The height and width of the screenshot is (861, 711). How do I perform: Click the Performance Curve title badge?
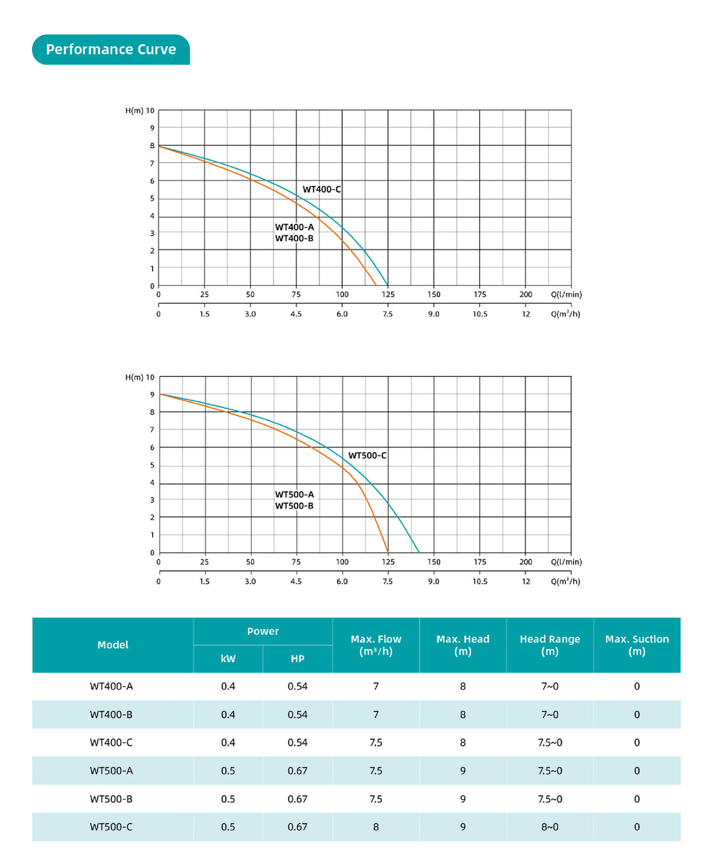tap(111, 50)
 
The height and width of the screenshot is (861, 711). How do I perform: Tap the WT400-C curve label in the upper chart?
tap(322, 189)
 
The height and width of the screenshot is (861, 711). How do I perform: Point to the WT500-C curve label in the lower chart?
tap(367, 455)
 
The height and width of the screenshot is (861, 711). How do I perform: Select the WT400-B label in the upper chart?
tap(294, 238)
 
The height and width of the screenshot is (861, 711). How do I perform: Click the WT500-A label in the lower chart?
tap(294, 494)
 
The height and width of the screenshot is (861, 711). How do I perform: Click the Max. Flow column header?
tap(375, 645)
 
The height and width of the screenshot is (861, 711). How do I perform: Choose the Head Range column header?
tap(550, 645)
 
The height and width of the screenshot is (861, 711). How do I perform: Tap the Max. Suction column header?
tap(637, 645)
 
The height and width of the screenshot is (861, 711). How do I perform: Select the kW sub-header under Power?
tap(228, 659)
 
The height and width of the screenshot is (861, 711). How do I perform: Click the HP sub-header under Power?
tap(297, 659)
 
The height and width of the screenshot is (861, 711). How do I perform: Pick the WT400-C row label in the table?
tap(111, 742)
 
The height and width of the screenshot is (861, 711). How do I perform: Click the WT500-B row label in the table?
tap(111, 798)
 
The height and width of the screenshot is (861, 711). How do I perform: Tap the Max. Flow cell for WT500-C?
tap(375, 827)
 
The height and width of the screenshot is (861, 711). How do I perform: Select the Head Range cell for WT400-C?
tap(550, 742)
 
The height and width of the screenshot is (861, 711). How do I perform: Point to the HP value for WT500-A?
tap(297, 771)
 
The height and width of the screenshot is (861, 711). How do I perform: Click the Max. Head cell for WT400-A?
tap(463, 686)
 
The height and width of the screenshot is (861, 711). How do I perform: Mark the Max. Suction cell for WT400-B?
tap(637, 715)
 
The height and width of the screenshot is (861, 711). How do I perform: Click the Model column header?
tap(112, 645)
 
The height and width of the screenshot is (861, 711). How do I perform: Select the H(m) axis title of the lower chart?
tap(134, 377)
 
